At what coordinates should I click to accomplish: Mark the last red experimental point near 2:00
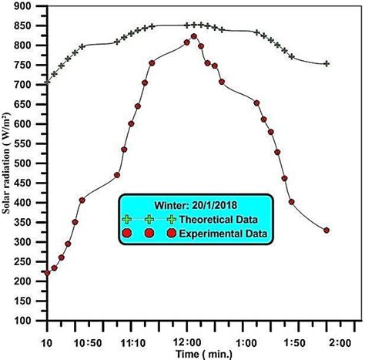[x=326, y=230]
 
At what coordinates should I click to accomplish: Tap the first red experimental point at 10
[x=47, y=273]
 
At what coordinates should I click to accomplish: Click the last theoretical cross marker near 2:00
[x=326, y=63]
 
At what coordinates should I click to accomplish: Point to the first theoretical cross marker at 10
[x=47, y=81]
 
